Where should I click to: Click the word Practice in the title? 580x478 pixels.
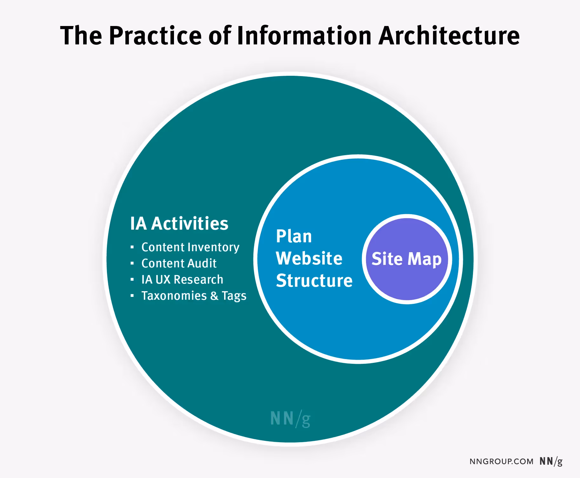pyautogui.click(x=155, y=36)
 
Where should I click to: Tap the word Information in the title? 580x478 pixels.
pyautogui.click(x=304, y=36)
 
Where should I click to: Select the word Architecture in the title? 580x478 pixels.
pyautogui.click(x=449, y=36)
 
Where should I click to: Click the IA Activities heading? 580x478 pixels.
pyautogui.click(x=179, y=224)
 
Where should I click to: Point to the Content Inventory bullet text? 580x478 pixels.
pyautogui.click(x=190, y=247)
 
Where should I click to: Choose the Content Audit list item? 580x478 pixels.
pyautogui.click(x=179, y=264)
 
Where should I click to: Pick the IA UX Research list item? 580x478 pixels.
pyautogui.click(x=182, y=280)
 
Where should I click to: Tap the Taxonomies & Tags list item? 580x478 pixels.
pyautogui.click(x=194, y=296)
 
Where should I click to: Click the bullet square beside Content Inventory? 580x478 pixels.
pyautogui.click(x=132, y=247)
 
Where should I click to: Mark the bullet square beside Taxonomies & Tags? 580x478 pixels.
pyautogui.click(x=132, y=296)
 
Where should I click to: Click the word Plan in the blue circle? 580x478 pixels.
pyautogui.click(x=294, y=237)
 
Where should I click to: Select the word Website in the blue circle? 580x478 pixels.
pyautogui.click(x=309, y=259)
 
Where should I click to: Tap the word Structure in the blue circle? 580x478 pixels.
pyautogui.click(x=314, y=281)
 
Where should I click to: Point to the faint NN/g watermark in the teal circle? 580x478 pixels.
pyautogui.click(x=290, y=419)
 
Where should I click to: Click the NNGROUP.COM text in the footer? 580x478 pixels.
pyautogui.click(x=501, y=462)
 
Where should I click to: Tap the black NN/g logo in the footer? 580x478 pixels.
pyautogui.click(x=551, y=462)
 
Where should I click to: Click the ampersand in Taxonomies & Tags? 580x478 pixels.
pyautogui.click(x=214, y=296)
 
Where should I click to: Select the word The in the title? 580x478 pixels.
pyautogui.click(x=81, y=36)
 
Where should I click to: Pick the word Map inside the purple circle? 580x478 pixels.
pyautogui.click(x=424, y=259)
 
